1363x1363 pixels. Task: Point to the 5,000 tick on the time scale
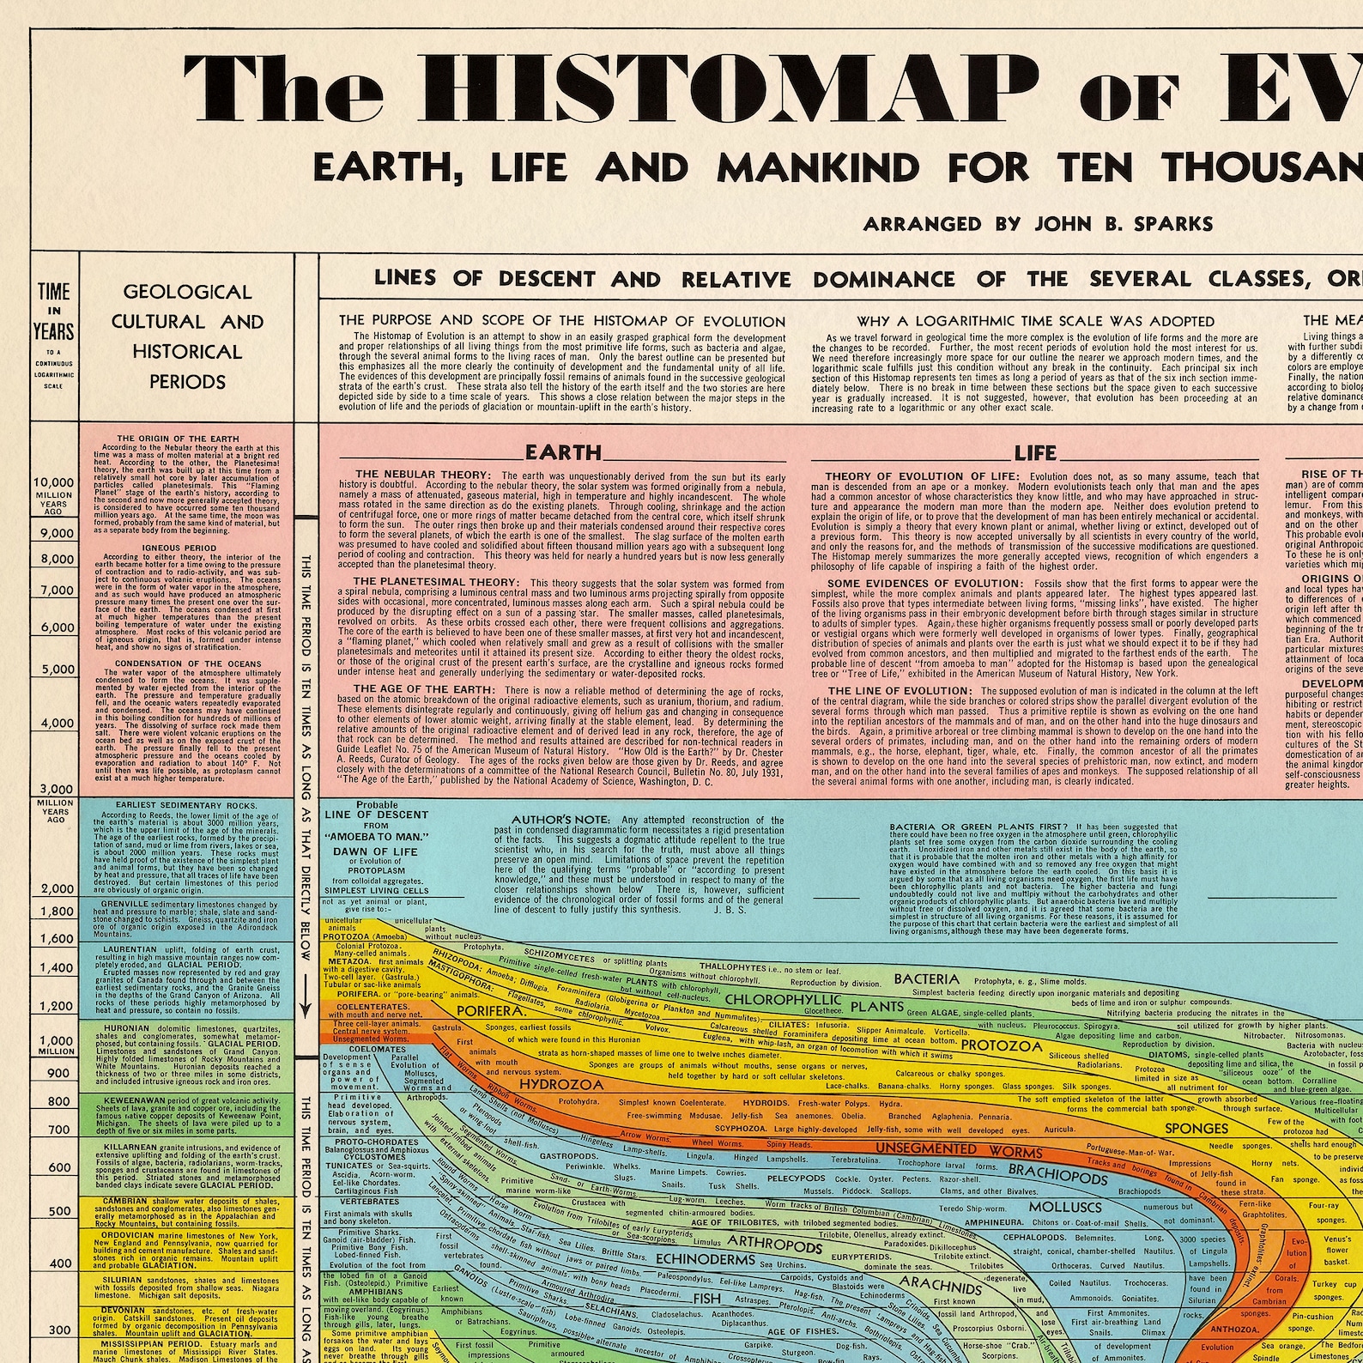58,669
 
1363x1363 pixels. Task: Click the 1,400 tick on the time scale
57,968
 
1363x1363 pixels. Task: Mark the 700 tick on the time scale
58,1130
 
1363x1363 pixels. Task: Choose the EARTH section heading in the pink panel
563,452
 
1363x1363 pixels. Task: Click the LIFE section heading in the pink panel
1035,453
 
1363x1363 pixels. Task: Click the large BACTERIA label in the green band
926,979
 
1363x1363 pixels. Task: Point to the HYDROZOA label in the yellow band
548,1083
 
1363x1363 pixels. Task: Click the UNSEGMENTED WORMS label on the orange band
958,1150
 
